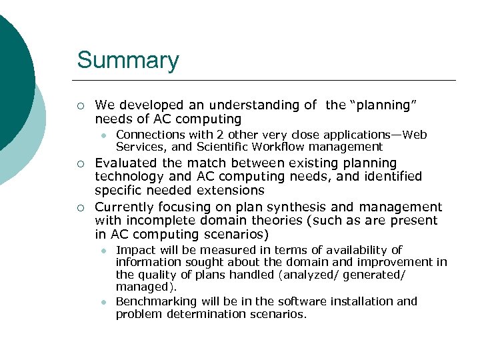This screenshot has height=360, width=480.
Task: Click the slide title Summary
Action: (x=128, y=60)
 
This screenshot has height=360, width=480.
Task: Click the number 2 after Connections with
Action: (x=206, y=135)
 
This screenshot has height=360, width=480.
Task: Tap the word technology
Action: (x=130, y=177)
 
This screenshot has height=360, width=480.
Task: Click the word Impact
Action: (x=133, y=249)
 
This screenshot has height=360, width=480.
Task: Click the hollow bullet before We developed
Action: (x=80, y=105)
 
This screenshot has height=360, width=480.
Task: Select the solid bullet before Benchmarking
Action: (x=103, y=302)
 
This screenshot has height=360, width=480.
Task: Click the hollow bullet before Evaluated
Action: (x=80, y=163)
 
